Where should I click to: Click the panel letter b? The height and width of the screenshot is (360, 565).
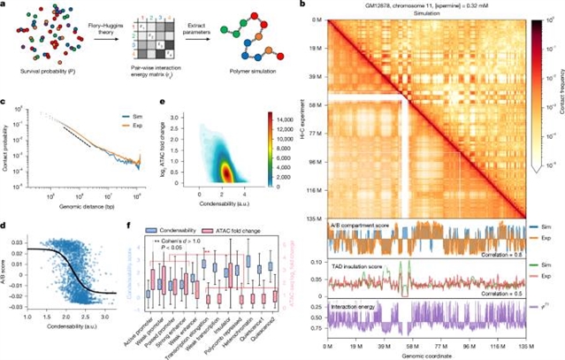[304, 6]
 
